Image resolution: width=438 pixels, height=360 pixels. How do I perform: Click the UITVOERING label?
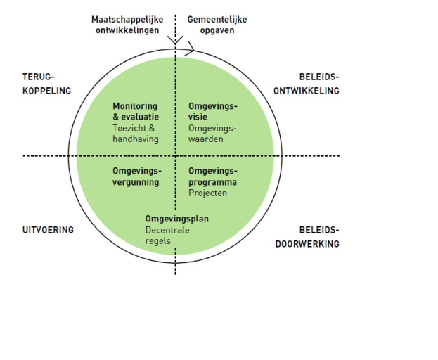click(x=47, y=230)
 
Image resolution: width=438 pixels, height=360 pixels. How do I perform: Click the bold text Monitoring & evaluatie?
click(x=136, y=111)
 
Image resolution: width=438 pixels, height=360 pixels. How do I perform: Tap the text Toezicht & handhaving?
click(x=136, y=134)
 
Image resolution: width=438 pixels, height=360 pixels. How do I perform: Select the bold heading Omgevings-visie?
click(x=213, y=111)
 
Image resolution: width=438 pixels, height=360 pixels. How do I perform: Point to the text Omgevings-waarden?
click(x=213, y=134)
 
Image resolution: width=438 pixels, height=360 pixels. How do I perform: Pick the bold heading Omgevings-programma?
click(x=213, y=176)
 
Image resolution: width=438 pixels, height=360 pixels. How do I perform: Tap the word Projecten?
click(x=207, y=193)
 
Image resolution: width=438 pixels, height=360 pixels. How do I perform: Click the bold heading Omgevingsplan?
click(x=176, y=219)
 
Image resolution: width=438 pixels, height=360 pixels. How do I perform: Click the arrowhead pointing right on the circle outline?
click(x=190, y=51)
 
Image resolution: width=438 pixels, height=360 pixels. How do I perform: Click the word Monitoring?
click(x=135, y=106)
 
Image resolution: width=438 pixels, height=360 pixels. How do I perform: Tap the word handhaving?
click(x=136, y=139)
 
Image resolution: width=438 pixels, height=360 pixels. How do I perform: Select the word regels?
click(x=158, y=241)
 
